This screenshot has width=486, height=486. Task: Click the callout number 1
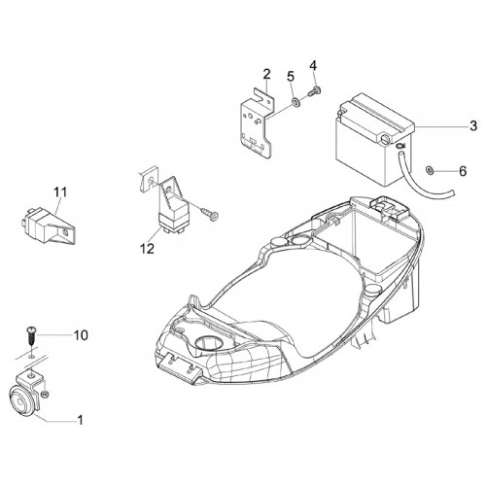(x=80, y=420)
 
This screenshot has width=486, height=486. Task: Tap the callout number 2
(x=266, y=75)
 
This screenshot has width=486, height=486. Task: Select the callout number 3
(x=473, y=125)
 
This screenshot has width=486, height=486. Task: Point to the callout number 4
(x=313, y=65)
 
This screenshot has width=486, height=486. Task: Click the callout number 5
(x=291, y=77)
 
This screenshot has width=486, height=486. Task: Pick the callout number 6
(x=463, y=171)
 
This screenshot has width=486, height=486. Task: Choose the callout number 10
(x=81, y=335)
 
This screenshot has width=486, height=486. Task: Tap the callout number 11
(x=60, y=192)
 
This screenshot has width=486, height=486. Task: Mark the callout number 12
(x=147, y=249)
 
